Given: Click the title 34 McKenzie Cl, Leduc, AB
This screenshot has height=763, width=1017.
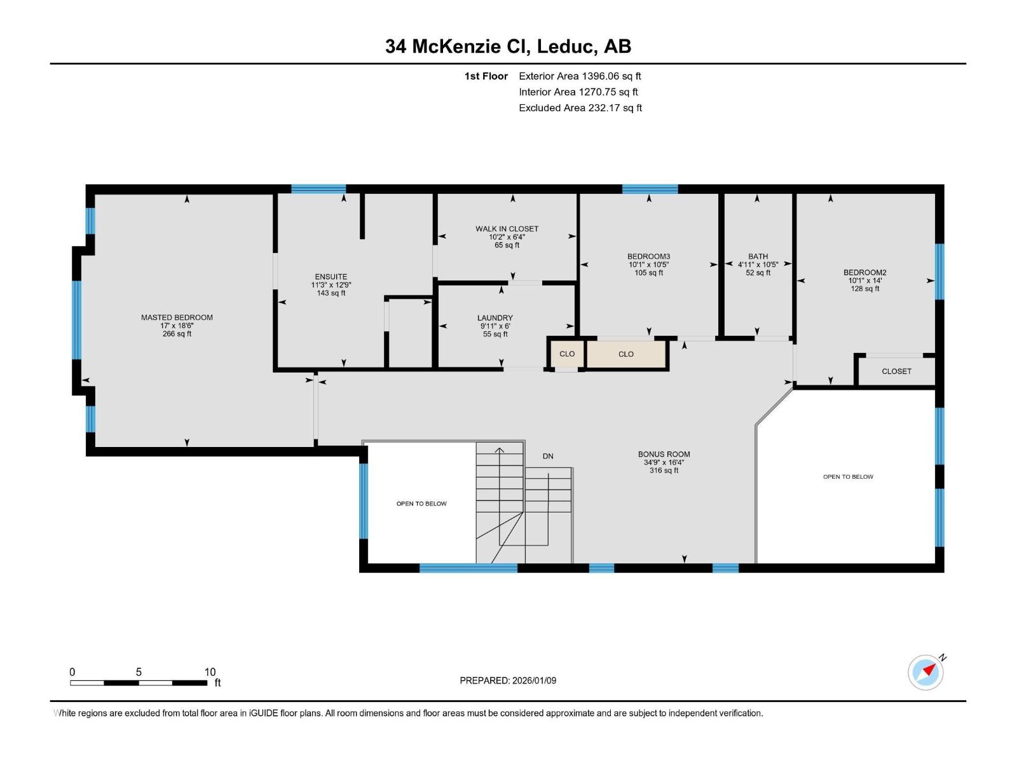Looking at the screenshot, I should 508,46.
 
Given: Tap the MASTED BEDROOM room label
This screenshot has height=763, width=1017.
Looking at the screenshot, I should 177,317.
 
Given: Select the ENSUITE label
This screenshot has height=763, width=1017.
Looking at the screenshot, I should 331,277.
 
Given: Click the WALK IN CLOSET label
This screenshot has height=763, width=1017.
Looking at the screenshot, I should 507,229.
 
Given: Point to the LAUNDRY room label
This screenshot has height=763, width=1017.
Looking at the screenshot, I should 495,318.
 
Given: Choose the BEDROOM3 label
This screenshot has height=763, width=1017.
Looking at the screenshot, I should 648,257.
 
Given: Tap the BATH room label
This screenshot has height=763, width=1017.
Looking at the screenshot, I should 758,257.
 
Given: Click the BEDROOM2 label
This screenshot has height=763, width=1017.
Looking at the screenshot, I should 864,273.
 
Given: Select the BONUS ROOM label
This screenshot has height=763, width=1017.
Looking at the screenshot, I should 664,455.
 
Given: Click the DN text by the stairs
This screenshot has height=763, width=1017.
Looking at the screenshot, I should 548,457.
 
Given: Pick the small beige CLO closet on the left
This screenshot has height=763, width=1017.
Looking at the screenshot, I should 566,354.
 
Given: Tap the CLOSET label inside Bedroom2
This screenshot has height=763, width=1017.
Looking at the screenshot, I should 896,371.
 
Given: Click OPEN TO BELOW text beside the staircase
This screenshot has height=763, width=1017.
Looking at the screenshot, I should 421,504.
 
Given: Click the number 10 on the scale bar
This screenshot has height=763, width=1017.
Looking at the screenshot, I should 210,672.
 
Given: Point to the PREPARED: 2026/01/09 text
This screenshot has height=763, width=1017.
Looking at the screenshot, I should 508,680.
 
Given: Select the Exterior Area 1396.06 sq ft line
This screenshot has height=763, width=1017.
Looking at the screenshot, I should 580,76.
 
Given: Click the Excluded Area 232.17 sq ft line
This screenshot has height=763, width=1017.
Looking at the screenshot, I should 580,108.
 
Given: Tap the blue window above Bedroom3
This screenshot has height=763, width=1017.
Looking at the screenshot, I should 650,189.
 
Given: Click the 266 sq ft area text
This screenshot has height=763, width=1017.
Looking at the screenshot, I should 177,334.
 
